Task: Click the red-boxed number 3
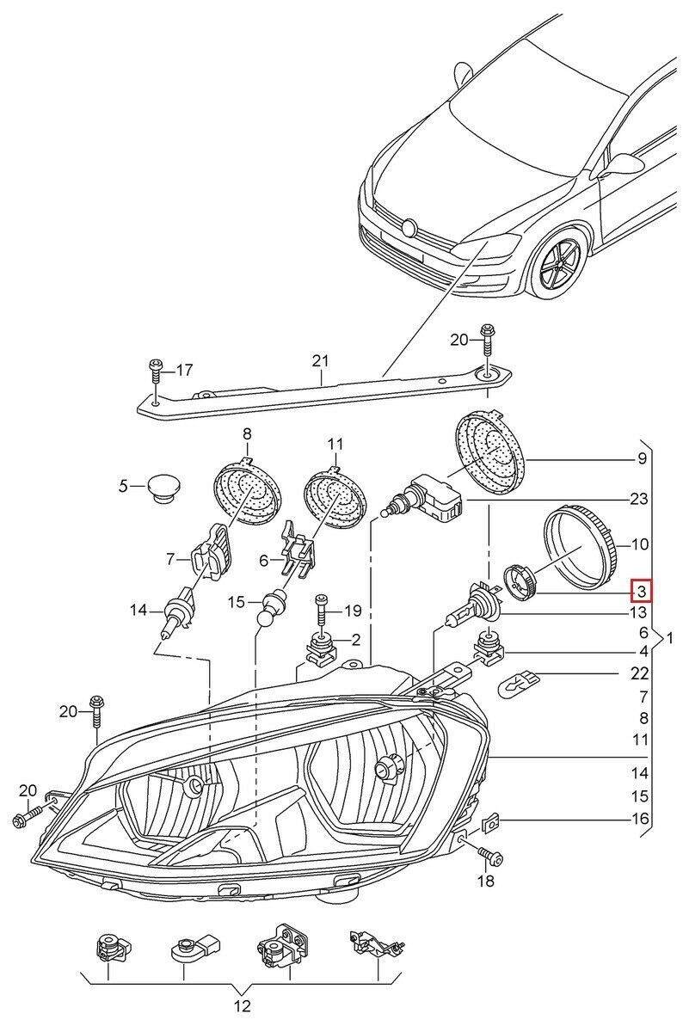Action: point(641,591)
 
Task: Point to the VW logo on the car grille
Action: point(410,227)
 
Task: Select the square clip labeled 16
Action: point(490,820)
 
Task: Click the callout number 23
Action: point(641,498)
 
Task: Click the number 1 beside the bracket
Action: point(671,639)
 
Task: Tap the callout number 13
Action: point(641,612)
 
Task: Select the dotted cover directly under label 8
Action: point(247,494)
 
